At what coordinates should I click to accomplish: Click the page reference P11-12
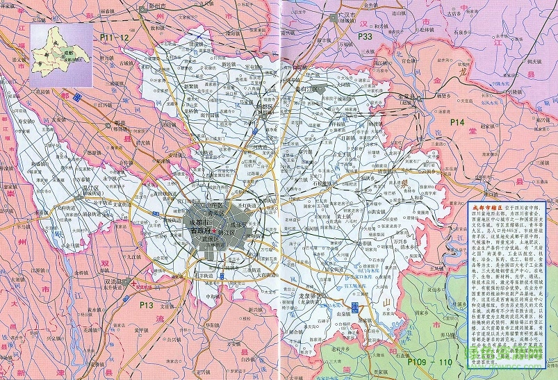115,37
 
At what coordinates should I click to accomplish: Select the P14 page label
456,122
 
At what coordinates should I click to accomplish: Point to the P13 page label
145,304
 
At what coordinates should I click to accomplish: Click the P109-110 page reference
429,362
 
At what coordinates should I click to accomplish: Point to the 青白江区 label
306,90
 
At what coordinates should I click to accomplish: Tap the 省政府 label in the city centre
200,230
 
